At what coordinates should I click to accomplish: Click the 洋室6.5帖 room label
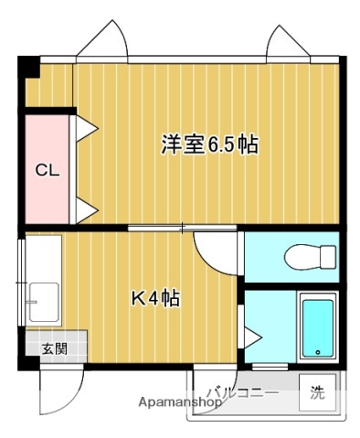tap(209, 144)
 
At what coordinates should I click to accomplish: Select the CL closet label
tap(47, 169)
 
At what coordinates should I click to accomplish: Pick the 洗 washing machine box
tap(317, 394)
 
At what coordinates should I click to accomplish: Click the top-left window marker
tap(101, 42)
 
